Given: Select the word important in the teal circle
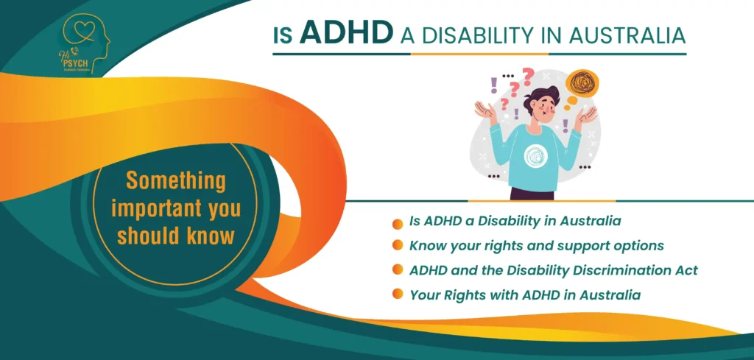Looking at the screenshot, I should [152, 208].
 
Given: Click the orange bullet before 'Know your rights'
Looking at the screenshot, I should [398, 246].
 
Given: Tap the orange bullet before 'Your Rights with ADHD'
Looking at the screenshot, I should [398, 294].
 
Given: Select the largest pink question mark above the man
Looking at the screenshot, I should [526, 76].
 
